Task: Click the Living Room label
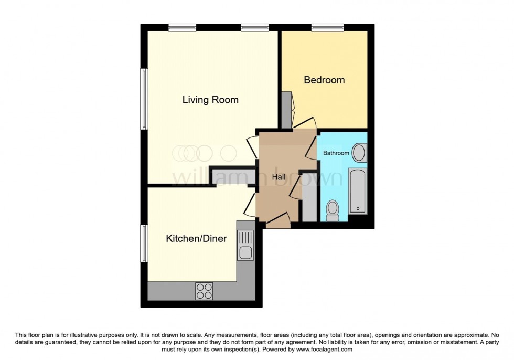[x=210, y=99]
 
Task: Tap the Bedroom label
[x=325, y=80]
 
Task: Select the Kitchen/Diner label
[x=196, y=239]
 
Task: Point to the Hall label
[x=279, y=177]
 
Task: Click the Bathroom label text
[x=336, y=153]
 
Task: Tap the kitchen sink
[x=245, y=247]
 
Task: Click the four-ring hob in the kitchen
[x=204, y=291]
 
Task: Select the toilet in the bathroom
[x=333, y=210]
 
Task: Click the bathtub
[x=357, y=190]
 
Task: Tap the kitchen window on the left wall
[x=143, y=243]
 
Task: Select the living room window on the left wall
[x=143, y=98]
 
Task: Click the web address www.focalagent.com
[x=324, y=349]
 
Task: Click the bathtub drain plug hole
[x=358, y=209]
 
